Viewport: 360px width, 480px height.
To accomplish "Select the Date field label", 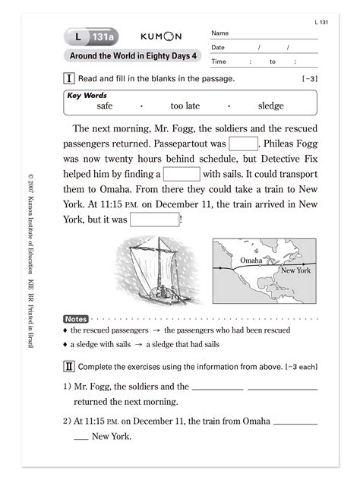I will click(x=219, y=48).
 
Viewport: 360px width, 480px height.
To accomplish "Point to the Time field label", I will click(x=219, y=62).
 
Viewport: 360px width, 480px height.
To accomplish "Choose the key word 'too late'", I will click(x=185, y=107).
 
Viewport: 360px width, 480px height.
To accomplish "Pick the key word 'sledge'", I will click(x=271, y=107).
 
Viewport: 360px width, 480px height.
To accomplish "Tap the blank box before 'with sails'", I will click(x=182, y=174).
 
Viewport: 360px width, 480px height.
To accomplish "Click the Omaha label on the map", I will click(x=251, y=261).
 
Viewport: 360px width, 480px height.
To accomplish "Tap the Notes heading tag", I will click(x=76, y=319).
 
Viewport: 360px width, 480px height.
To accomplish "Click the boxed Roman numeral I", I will click(x=70, y=78).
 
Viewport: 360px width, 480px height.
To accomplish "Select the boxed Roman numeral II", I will click(x=70, y=367).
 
